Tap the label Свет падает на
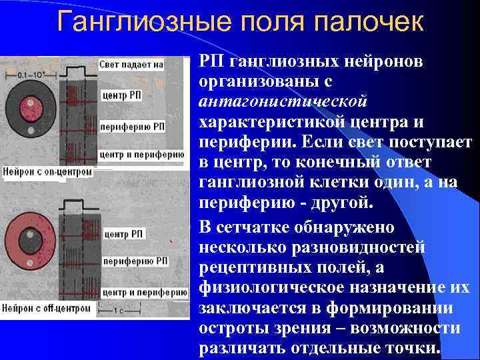click(x=131, y=65)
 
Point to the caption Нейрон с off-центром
click(x=47, y=308)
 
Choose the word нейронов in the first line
click(x=385, y=61)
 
